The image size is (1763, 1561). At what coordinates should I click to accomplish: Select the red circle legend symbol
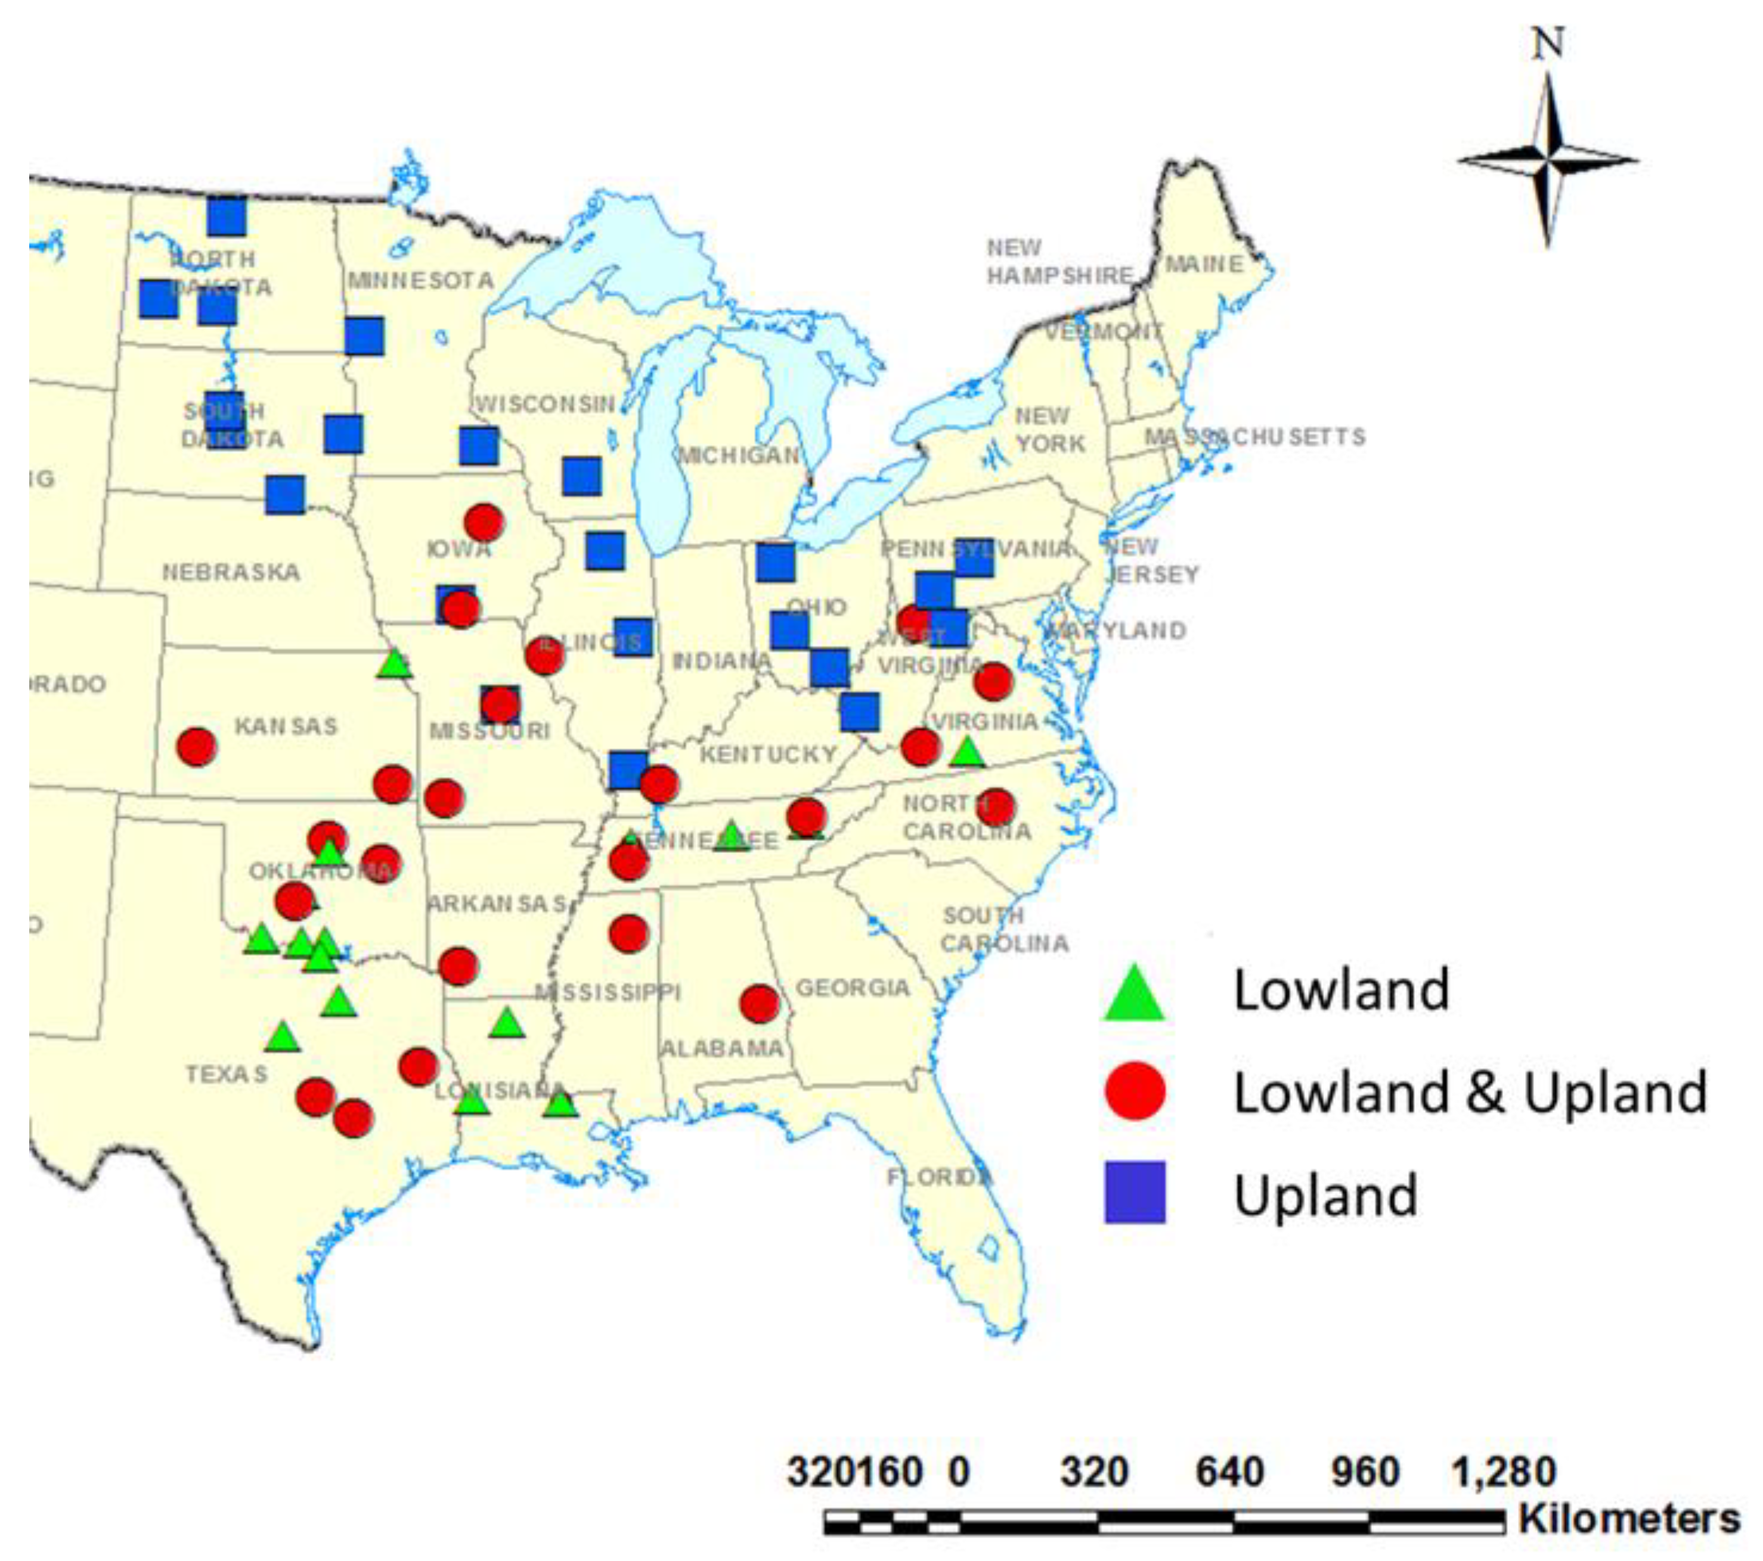point(1135,1091)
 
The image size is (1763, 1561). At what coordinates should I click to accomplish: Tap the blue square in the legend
point(1135,1193)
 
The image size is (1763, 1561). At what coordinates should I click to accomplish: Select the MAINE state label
point(1204,264)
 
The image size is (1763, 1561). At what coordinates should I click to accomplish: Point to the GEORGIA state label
point(852,988)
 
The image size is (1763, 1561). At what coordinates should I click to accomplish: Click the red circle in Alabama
point(759,1003)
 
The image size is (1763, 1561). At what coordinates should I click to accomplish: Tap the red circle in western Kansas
point(197,746)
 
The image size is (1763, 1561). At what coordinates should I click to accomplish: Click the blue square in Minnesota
point(364,336)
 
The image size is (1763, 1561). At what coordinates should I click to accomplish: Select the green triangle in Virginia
point(968,753)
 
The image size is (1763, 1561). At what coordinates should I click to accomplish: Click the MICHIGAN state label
point(740,455)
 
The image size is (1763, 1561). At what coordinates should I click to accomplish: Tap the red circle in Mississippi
point(628,933)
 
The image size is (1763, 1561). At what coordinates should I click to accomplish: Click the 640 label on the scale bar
point(1229,1472)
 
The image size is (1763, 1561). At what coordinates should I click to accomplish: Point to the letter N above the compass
point(1548,43)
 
